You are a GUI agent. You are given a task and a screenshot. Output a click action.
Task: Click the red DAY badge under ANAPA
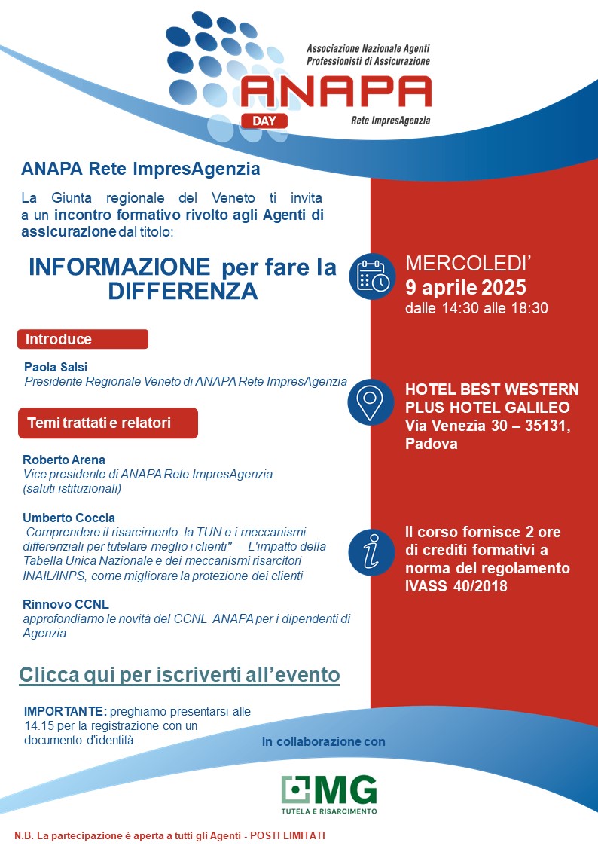[x=264, y=119]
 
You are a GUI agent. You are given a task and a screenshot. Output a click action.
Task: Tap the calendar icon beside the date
[x=371, y=276]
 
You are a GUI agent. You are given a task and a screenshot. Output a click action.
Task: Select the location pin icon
[x=371, y=402]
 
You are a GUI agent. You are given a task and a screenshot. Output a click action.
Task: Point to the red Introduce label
[x=82, y=339]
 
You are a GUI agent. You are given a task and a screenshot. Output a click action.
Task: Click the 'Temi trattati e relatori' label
[x=107, y=423]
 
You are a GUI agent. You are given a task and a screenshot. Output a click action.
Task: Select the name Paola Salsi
[x=56, y=366]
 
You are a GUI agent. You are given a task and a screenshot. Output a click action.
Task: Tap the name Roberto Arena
[x=64, y=460]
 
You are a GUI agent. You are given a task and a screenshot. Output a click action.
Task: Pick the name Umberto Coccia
[x=69, y=518]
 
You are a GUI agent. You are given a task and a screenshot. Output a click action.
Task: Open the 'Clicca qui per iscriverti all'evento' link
[x=179, y=674]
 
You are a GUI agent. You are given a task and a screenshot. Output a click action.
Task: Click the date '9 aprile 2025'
[x=465, y=287]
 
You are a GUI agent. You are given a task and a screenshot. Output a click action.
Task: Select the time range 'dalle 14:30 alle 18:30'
[x=476, y=308]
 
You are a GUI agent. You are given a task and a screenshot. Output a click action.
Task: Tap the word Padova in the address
[x=431, y=444]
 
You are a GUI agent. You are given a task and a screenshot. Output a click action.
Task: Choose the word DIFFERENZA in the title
[x=182, y=291]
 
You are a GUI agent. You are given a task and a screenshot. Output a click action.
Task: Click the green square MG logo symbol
[x=295, y=789]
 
